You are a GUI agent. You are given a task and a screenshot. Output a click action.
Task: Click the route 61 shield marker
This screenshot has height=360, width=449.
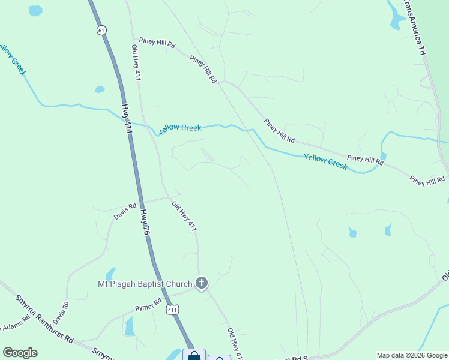tap(100, 30)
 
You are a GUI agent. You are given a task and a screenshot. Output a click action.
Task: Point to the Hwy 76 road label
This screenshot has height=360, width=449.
tap(144, 221)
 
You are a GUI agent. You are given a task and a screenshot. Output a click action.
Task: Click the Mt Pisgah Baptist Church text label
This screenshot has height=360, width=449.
tap(145, 283)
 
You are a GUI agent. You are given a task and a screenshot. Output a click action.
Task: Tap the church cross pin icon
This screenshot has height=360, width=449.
tap(202, 283)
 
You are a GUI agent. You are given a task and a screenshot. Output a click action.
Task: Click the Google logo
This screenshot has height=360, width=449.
tap(20, 353)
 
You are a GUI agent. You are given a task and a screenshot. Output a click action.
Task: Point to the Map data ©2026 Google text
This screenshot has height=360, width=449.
tap(412, 355)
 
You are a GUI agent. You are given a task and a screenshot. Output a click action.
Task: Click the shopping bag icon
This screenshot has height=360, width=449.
tap(194, 355)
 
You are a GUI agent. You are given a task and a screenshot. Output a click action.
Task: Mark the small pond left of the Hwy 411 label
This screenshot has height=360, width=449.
tap(100, 90)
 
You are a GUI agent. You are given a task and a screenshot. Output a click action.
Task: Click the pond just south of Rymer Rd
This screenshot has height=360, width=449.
tap(129, 326)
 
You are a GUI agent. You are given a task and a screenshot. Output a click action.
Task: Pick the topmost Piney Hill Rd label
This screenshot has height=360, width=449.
tap(157, 44)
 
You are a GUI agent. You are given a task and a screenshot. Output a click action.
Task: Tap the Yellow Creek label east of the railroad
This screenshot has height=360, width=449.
tap(325, 161)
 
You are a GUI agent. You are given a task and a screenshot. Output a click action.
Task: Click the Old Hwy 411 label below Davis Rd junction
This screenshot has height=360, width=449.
tap(184, 217)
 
